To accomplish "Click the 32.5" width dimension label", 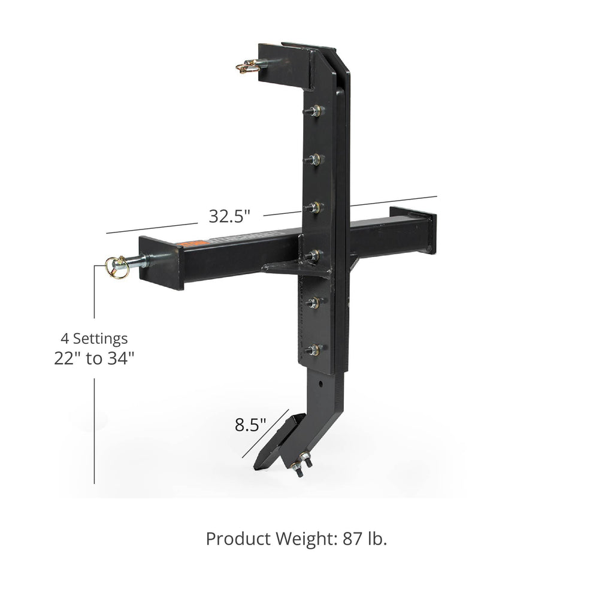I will coord(229,216).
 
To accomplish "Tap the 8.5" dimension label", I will coord(250,426).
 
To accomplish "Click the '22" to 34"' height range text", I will coord(93,359).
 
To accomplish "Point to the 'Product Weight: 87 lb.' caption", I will coord(296,538).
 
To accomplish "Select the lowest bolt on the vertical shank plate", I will coord(313,349).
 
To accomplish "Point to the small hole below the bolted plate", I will coord(321,382).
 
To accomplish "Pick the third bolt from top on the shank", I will coord(314,207).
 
